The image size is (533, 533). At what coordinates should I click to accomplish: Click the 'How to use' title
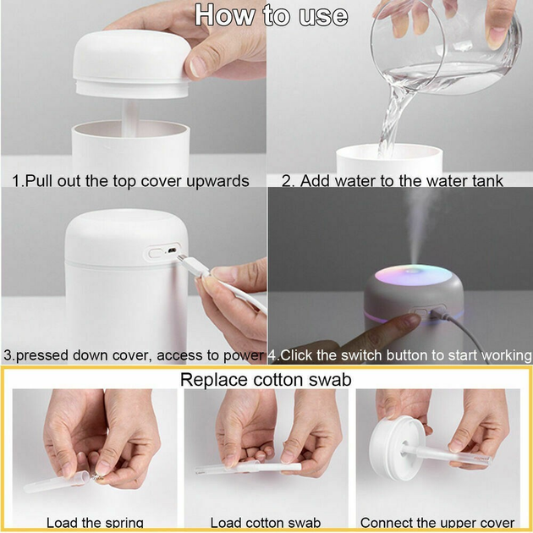pos(271,15)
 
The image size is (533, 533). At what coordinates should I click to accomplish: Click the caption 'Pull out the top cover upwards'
pos(130,181)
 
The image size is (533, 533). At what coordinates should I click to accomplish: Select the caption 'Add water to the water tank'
pos(393,181)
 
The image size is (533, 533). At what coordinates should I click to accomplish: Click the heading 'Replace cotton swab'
pos(266,380)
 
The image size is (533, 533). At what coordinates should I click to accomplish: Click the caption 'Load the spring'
pos(95,523)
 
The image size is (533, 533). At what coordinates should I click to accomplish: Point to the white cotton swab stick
pos(245,466)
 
